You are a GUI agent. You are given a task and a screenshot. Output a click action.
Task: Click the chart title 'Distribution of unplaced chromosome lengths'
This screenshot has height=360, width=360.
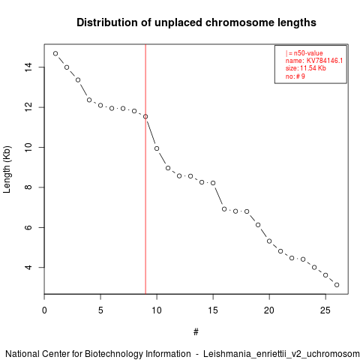[x=196, y=22]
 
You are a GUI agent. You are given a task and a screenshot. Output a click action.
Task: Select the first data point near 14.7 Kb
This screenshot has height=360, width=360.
[x=55, y=53]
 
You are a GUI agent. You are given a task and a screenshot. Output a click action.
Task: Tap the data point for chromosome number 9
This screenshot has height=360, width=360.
[x=145, y=116]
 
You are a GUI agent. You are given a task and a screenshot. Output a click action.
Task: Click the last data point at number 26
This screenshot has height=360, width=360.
[x=337, y=285]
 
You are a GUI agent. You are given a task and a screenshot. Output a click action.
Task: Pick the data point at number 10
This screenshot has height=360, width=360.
[x=157, y=148]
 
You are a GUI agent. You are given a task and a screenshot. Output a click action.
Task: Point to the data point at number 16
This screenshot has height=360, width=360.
[x=224, y=209]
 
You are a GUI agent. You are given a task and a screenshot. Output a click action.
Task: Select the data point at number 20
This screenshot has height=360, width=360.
[x=269, y=241]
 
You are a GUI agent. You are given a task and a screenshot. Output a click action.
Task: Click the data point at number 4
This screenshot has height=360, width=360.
[x=89, y=100]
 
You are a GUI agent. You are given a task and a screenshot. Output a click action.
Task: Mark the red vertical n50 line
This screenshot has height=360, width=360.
[x=145, y=169]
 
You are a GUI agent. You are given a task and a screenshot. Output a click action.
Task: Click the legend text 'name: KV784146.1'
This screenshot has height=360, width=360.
[x=314, y=61]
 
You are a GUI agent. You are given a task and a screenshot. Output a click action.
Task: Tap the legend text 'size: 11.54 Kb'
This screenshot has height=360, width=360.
[x=306, y=68]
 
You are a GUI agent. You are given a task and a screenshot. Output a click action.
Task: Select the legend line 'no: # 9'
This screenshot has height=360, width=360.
[x=295, y=76]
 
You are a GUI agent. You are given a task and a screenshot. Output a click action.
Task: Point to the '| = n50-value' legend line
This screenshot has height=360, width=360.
[x=304, y=53]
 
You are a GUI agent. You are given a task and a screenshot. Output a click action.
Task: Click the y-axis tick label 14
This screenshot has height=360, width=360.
[x=28, y=67]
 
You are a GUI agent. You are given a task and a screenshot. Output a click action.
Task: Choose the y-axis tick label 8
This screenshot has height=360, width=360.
[x=28, y=187]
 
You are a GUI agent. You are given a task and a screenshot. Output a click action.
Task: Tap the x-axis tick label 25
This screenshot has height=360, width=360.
[x=325, y=310]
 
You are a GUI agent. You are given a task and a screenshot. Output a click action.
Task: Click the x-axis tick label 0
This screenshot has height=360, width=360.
[x=44, y=310]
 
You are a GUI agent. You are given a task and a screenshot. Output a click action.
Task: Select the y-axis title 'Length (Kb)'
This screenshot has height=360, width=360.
[x=7, y=169]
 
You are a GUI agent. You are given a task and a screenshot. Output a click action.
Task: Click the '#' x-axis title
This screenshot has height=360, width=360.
[x=196, y=332]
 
